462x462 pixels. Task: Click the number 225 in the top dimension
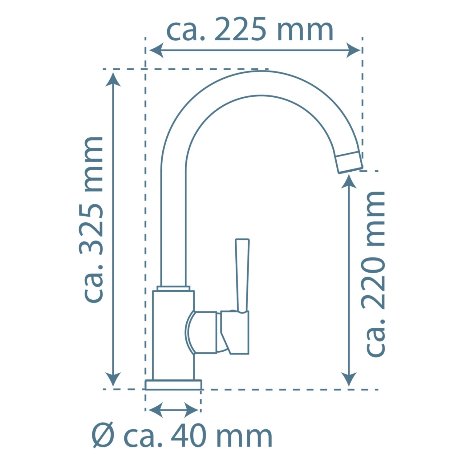click(x=240, y=29)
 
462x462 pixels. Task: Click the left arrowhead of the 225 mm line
click(x=156, y=50)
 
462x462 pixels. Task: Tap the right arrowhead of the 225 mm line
click(x=353, y=50)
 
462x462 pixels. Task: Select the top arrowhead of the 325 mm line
click(x=113, y=79)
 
